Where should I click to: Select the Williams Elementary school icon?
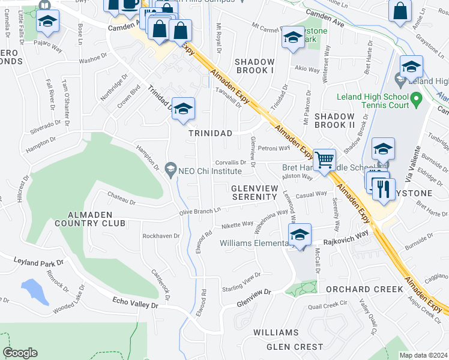(300, 235)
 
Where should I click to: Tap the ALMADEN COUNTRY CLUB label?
(88, 219)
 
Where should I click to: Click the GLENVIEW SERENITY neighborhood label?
(255, 193)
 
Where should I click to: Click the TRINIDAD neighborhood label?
(210, 133)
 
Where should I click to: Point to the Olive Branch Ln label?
(201, 211)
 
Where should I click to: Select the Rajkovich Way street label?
(346, 236)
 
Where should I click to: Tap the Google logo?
(20, 353)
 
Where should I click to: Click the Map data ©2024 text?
(423, 355)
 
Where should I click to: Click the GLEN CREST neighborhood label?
(294, 347)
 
